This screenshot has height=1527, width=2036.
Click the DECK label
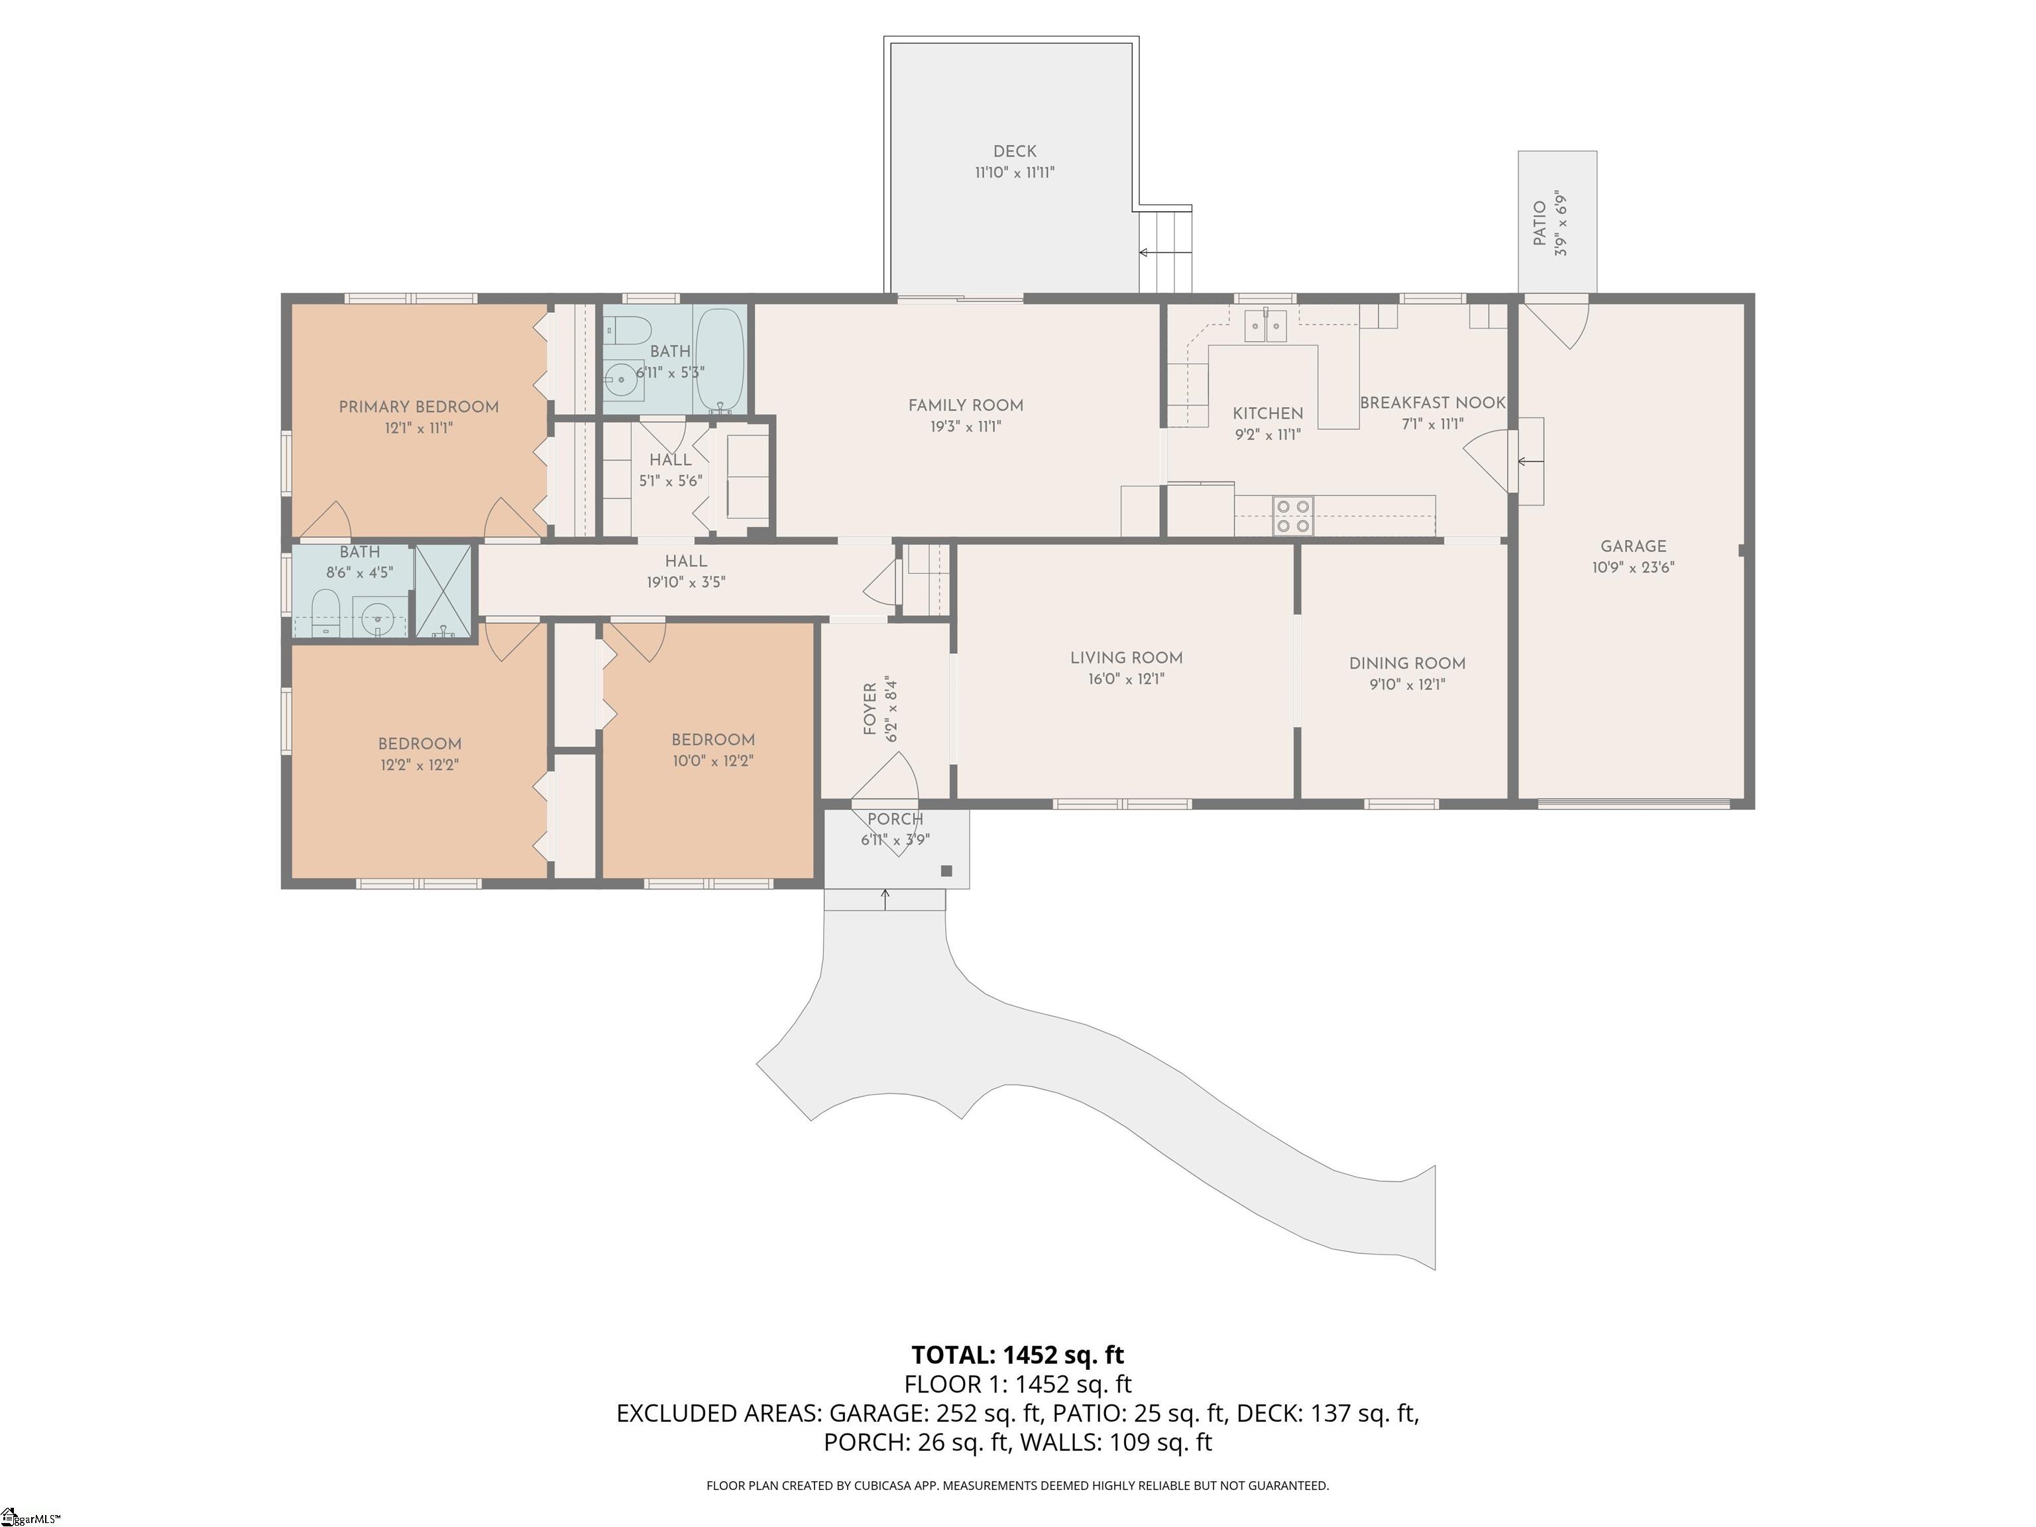click(1014, 151)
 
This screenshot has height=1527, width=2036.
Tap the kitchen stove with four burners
click(1292, 516)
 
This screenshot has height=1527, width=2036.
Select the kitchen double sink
click(1266, 326)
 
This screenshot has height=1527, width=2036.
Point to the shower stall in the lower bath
click(443, 591)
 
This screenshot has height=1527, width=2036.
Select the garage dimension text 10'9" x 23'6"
click(1633, 568)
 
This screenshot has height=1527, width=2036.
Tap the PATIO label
click(1540, 223)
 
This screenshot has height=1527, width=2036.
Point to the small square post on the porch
click(946, 871)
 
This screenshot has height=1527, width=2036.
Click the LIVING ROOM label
click(1125, 658)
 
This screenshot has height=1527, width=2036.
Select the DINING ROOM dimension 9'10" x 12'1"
click(1406, 685)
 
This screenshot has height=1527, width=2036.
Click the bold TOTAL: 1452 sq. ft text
click(1017, 1355)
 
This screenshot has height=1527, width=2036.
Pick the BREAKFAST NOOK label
click(1432, 403)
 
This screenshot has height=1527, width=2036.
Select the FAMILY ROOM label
click(966, 405)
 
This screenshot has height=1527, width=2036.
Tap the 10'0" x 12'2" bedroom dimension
click(712, 762)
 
